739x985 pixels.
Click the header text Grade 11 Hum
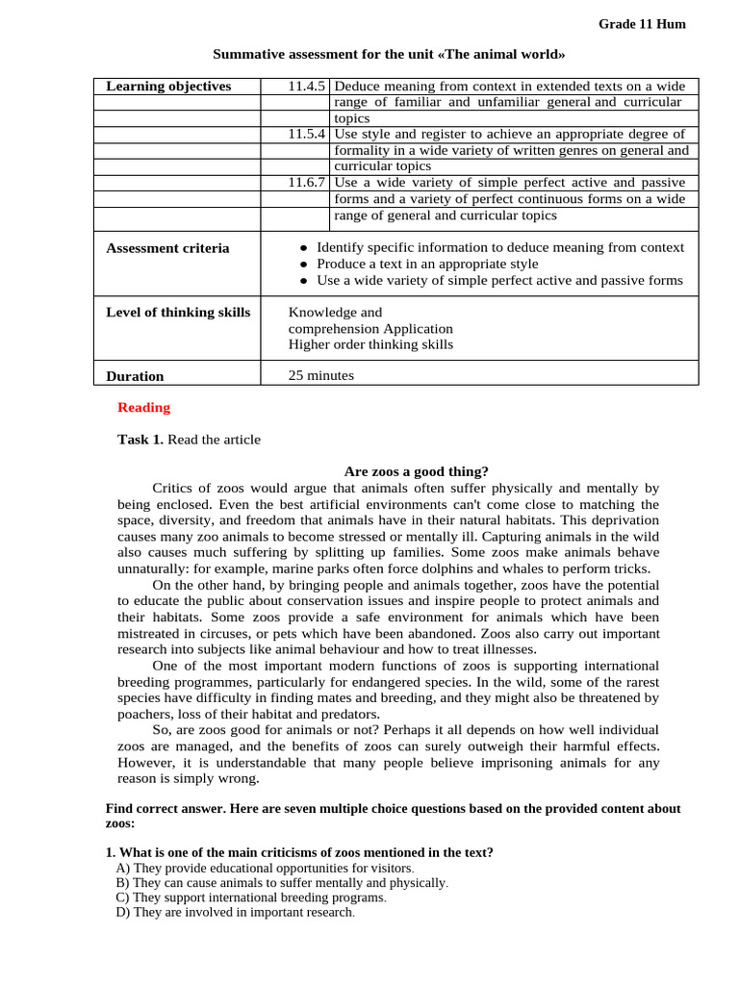coord(642,24)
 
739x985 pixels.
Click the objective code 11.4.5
coord(307,87)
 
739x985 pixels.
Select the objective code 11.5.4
coord(307,135)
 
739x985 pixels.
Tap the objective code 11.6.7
coord(307,183)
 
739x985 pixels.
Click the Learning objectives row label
coord(168,87)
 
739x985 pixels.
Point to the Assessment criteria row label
coord(167,248)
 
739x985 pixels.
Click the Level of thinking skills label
coord(178,313)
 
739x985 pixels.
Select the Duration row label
coord(135,376)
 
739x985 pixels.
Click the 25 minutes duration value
coord(321,376)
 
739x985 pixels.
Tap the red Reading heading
coord(143,408)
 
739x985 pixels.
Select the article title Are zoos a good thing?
coord(416,471)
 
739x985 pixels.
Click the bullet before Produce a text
coord(303,265)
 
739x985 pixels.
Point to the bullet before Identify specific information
coord(303,248)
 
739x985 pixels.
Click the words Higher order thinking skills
coord(370,344)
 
